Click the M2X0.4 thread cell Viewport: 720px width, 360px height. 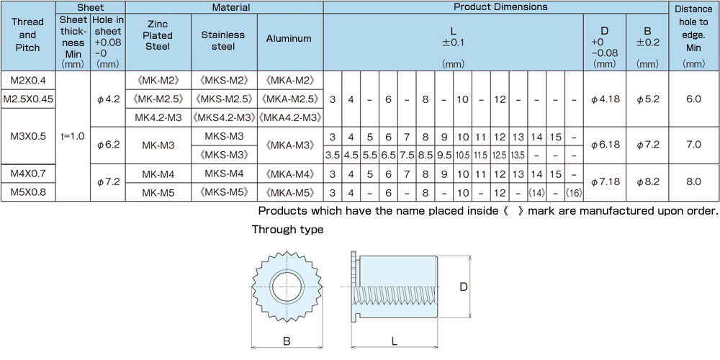pos(28,81)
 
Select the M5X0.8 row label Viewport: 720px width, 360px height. pos(28,192)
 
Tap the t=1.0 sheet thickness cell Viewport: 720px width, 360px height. pos(73,136)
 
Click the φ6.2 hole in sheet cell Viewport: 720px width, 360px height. pos(108,145)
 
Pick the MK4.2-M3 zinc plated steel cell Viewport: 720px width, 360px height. pos(158,117)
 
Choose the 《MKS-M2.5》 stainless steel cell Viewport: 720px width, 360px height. pos(224,99)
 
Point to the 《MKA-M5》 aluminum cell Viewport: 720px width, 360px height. pos(290,192)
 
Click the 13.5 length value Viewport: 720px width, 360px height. pos(518,156)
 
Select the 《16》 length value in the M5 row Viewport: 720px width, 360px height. pos(574,192)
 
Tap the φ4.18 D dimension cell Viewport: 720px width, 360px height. pos(605,99)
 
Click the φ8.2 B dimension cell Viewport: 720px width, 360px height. pos(647,182)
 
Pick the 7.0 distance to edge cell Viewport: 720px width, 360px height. pos(694,145)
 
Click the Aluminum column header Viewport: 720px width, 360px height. pos(290,39)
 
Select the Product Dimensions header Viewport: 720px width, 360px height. pos(500,7)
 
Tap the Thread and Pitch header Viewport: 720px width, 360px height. pos(27,35)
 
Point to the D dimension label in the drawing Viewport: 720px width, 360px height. pos(464,287)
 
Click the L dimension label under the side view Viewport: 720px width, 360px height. pos(395,341)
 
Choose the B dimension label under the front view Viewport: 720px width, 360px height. pos(286,341)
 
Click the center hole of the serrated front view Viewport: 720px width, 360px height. pos(287,287)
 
